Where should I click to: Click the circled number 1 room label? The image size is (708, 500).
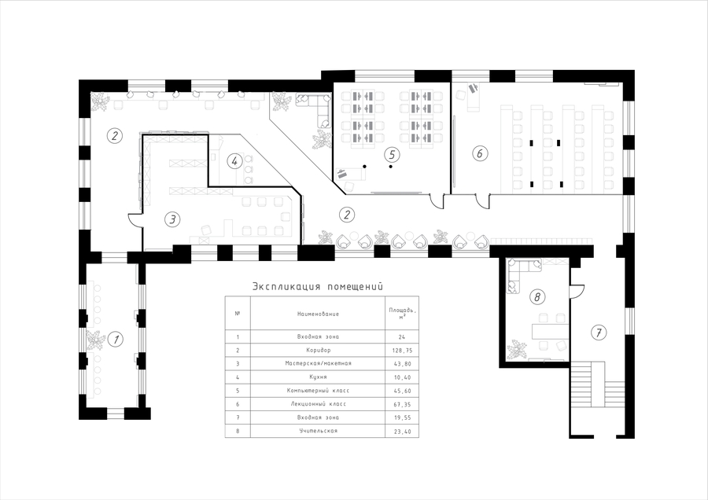point(116,339)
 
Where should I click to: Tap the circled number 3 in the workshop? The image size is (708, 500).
point(172,220)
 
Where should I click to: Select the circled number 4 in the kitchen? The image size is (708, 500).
point(234,161)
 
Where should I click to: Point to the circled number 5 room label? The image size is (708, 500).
point(392,155)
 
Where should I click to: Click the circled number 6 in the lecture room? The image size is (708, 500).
point(480,153)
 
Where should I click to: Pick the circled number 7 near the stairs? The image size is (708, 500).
point(599,333)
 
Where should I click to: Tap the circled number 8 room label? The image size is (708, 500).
point(537,297)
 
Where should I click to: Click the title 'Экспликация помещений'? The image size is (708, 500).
point(318,286)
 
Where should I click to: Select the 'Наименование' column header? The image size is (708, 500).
point(318,314)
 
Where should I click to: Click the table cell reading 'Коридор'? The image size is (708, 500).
point(318,350)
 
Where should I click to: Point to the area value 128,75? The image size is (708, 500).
point(403,350)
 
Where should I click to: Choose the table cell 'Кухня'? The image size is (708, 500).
point(318,377)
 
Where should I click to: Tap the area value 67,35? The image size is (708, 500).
point(403,404)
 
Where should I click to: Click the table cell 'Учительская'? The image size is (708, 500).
point(318,431)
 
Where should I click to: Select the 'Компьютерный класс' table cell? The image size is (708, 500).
point(318,391)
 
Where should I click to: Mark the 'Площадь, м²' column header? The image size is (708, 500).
point(402,314)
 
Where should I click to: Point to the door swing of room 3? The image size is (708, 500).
point(135,219)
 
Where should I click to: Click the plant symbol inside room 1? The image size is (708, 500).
point(95,340)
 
